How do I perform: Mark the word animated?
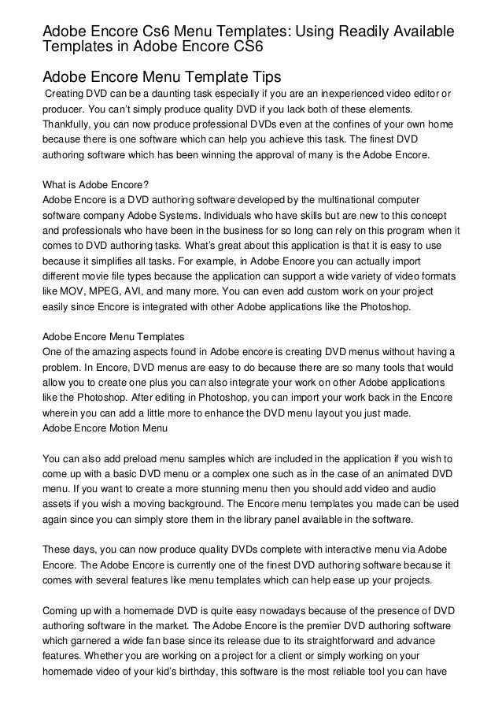[380, 472]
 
